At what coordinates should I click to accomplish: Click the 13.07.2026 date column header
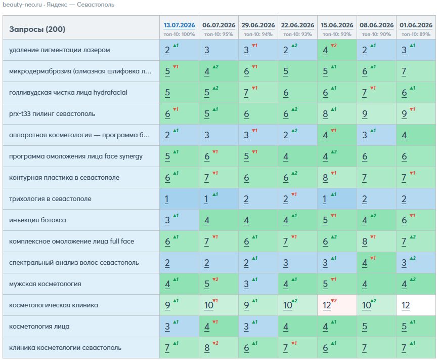[x=179, y=25]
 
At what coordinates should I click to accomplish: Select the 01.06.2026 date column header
[x=416, y=25]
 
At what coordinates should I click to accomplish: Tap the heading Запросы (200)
[x=37, y=29]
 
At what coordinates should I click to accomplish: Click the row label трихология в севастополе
[x=50, y=199]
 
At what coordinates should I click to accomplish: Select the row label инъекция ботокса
[x=38, y=220]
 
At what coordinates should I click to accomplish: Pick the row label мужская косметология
[x=45, y=284]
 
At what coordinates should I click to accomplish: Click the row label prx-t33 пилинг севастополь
[x=52, y=114]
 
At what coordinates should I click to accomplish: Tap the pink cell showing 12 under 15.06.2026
[x=337, y=305]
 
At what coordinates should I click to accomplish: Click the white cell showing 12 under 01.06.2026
[x=416, y=305]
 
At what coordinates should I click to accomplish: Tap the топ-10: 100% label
[x=180, y=34]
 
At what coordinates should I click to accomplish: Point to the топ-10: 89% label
[x=416, y=34]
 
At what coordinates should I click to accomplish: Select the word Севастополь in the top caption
[x=96, y=5]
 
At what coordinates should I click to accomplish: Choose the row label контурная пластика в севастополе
[x=64, y=178]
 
